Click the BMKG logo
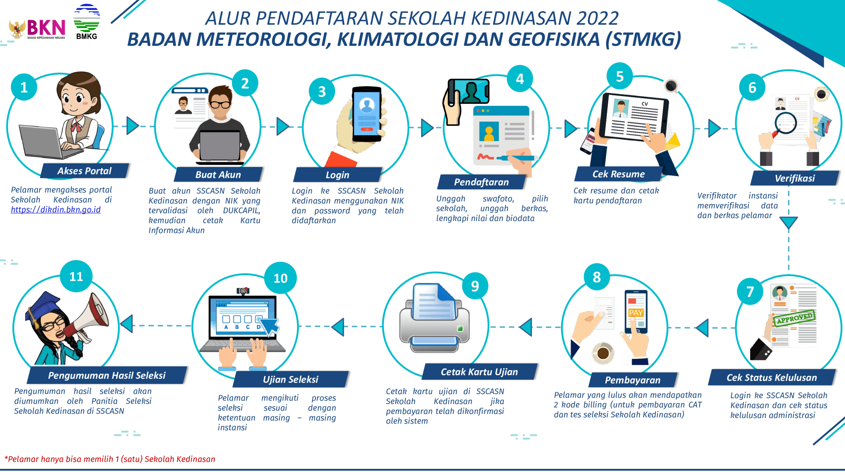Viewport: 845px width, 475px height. tap(87, 22)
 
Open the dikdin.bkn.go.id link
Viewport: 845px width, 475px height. tap(56, 210)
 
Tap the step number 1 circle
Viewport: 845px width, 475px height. tap(24, 87)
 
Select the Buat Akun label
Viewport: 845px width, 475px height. tap(218, 174)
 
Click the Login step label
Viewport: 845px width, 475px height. tap(337, 175)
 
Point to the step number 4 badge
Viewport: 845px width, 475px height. tap(519, 78)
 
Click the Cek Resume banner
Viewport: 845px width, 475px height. tap(618, 174)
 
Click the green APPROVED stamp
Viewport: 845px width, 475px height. tap(794, 318)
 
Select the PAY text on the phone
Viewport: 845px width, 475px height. tap(635, 313)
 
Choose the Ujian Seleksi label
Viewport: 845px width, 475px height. tap(290, 379)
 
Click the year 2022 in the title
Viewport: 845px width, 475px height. tap(597, 19)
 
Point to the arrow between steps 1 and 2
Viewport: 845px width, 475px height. tap(132, 126)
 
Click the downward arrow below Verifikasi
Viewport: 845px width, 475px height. tap(788, 223)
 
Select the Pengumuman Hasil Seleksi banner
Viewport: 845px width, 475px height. tap(106, 375)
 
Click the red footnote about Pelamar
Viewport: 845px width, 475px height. tap(110, 459)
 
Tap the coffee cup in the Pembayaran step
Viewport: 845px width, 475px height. tap(603, 353)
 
